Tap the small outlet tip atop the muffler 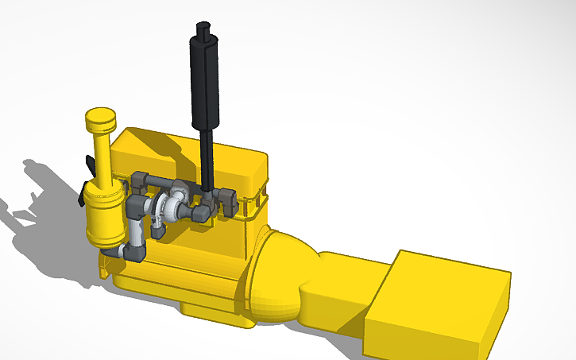point(203,29)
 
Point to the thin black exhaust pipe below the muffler point(207,159)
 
